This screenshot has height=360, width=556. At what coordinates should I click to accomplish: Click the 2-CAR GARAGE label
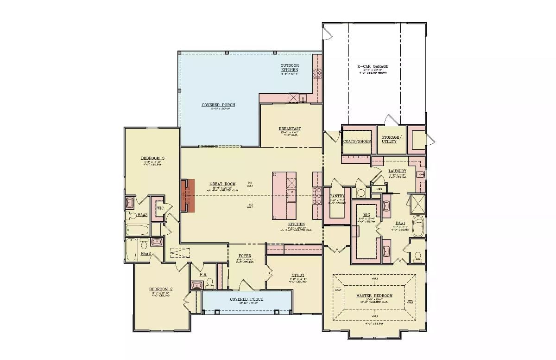[373, 66]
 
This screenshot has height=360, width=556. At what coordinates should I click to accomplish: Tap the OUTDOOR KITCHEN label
[290, 67]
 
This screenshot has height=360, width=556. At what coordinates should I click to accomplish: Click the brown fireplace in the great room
[188, 196]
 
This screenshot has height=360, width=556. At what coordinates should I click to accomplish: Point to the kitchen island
[284, 195]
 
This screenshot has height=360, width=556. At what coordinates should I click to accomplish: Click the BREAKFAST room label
[290, 129]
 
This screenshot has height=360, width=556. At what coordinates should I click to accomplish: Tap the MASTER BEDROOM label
[374, 296]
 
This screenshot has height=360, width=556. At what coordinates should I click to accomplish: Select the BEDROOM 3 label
[152, 158]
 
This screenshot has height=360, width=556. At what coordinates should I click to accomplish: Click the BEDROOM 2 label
[161, 289]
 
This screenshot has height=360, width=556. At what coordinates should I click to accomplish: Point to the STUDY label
[298, 275]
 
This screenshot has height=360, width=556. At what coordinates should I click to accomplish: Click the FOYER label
[245, 256]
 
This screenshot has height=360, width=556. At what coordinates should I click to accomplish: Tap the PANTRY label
[336, 196]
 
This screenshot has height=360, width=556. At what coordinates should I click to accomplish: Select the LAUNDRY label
[397, 171]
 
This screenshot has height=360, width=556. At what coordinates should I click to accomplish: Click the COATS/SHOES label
[357, 141]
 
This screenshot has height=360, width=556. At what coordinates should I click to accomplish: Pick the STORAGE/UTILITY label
[392, 139]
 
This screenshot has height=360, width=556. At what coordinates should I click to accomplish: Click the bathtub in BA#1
[418, 226]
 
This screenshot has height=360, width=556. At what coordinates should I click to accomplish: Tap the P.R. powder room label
[203, 274]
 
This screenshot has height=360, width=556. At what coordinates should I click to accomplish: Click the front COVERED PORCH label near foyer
[246, 299]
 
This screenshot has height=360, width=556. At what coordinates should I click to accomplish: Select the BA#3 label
[143, 215]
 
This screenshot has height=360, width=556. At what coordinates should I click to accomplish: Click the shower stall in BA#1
[418, 204]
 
